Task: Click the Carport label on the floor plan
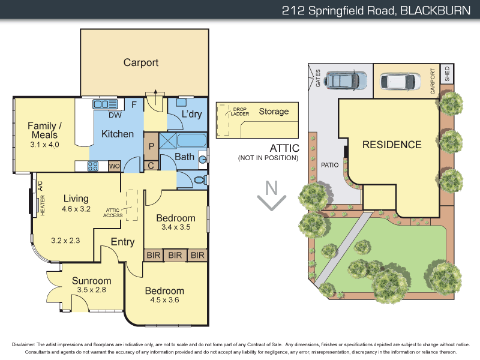tap(141, 62)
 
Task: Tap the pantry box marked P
tap(151, 146)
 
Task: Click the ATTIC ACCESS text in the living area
tap(113, 212)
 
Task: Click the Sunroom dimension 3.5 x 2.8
tap(91, 290)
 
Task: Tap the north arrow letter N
tap(272, 188)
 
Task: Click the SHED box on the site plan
tap(446, 74)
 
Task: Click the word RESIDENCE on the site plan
tap(392, 145)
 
